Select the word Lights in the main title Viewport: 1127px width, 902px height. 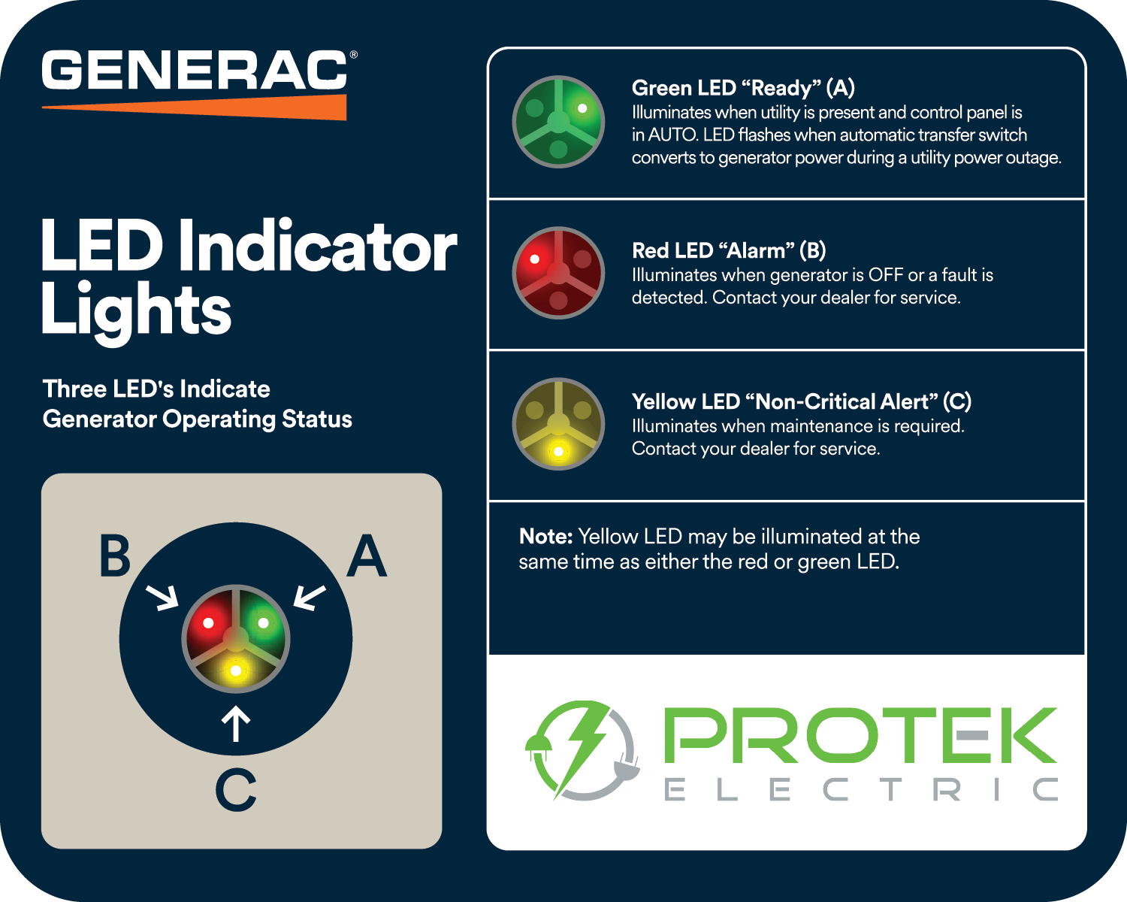point(136,310)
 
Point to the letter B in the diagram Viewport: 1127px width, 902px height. point(114,557)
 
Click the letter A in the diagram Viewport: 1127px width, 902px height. point(367,557)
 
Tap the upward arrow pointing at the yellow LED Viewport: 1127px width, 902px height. point(236,724)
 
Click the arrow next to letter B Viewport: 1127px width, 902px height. point(162,597)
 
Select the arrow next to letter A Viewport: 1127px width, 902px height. point(309,597)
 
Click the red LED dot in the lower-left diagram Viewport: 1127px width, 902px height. point(208,623)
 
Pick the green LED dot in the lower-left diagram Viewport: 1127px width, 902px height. point(263,623)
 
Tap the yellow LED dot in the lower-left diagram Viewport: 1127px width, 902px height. point(236,670)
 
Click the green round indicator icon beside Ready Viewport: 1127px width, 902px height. point(558,122)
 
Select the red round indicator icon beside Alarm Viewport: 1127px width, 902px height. point(558,273)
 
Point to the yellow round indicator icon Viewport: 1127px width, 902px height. point(558,424)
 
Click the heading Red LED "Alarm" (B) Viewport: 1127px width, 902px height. point(728,250)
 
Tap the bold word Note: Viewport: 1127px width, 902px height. point(545,537)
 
